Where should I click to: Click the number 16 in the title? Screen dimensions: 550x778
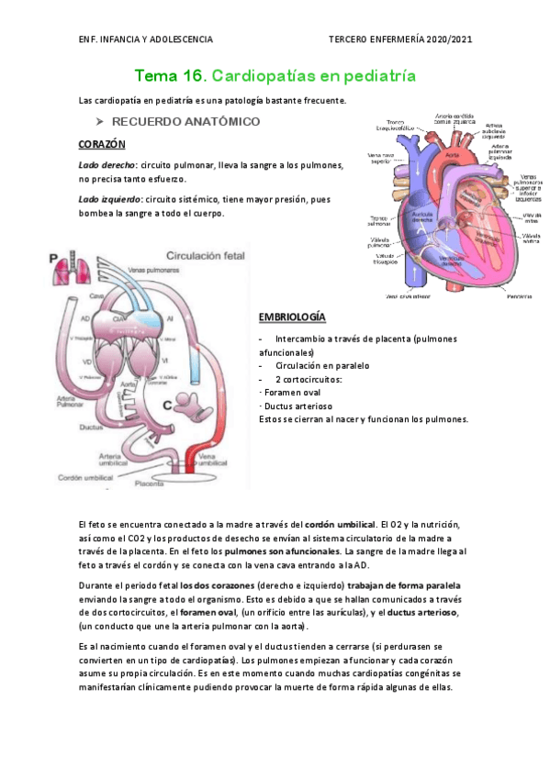pos(188,74)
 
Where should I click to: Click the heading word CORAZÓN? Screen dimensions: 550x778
pos(102,145)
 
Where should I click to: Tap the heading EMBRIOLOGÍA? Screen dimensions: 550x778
pos(292,317)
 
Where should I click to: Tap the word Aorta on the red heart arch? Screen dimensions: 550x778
pos(450,155)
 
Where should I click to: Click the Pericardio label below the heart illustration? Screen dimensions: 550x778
pos(520,295)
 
